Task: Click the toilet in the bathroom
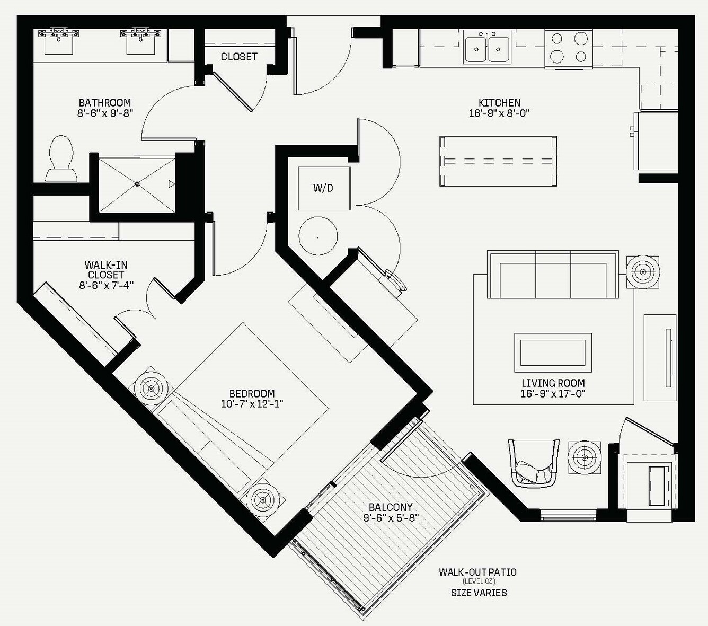[x=61, y=158]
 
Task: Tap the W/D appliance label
[x=323, y=188]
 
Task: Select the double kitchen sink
[x=487, y=47]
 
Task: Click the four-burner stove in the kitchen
[x=569, y=49]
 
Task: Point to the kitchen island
[x=498, y=161]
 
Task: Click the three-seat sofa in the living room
[x=553, y=275]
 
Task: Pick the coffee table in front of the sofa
[x=553, y=352]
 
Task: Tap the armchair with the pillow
[x=534, y=463]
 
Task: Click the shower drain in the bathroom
[x=137, y=183]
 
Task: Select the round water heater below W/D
[x=318, y=236]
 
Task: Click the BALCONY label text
[x=391, y=507]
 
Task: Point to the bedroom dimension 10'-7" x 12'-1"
[x=252, y=404]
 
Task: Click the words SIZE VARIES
[x=479, y=593]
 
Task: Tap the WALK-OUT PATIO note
[x=477, y=572]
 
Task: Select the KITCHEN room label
[x=499, y=103]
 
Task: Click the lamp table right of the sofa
[x=643, y=272]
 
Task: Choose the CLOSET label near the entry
[x=239, y=57]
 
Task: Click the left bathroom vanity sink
[x=59, y=41]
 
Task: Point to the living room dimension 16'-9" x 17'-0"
[x=553, y=393]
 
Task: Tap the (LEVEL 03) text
[x=479, y=581]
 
